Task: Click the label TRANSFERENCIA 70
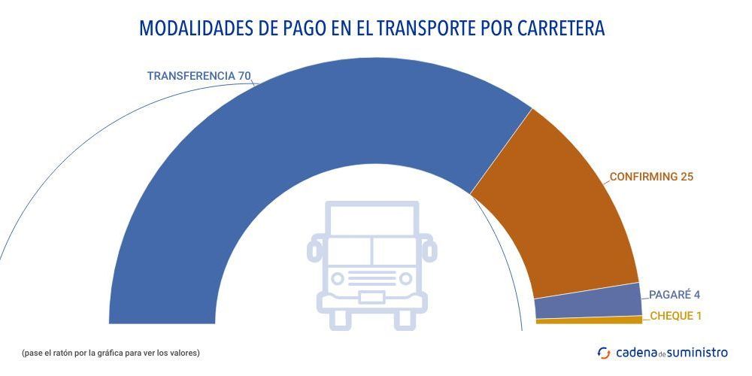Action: tap(199, 76)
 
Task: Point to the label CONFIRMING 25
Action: tap(651, 177)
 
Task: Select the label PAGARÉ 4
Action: tap(675, 295)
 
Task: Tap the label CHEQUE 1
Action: tap(675, 316)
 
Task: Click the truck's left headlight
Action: tap(338, 278)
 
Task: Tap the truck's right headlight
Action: tap(406, 278)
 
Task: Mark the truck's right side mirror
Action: tap(429, 249)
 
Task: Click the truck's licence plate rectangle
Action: tap(371, 297)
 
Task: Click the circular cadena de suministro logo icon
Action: tap(604, 352)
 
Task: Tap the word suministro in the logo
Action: tap(698, 352)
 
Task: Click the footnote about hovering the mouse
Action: tap(111, 352)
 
